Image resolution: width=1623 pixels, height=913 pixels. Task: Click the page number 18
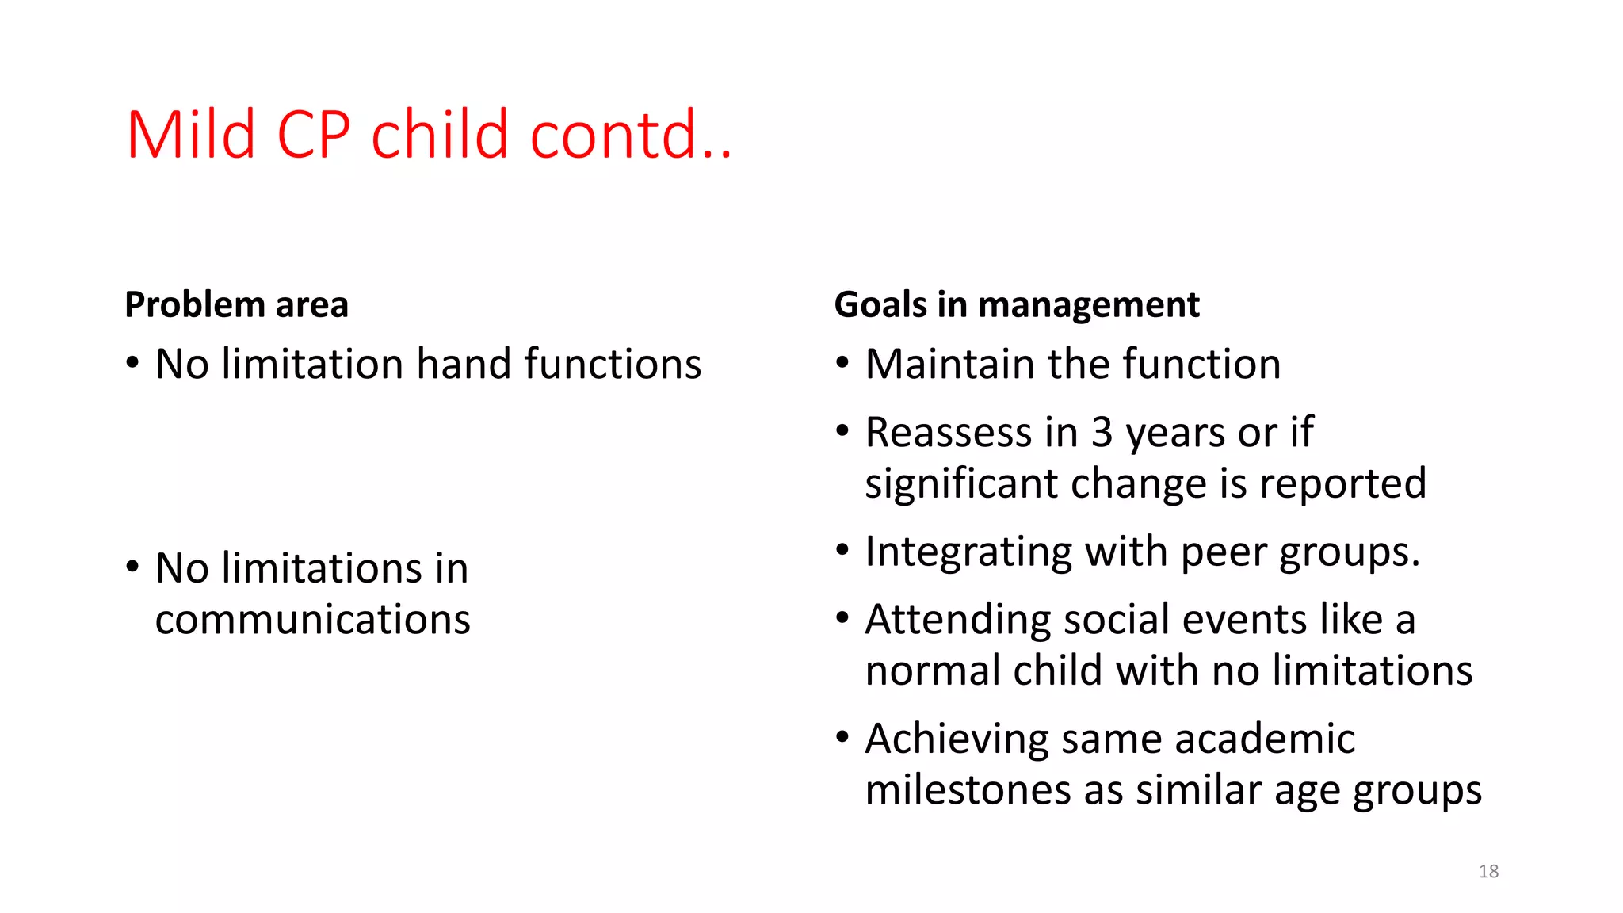point(1488,871)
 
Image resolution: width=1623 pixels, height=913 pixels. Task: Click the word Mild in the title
point(190,135)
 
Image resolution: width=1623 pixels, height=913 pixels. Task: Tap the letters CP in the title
point(313,135)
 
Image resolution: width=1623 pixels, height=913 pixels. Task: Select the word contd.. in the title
point(630,135)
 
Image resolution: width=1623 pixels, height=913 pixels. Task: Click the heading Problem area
point(236,305)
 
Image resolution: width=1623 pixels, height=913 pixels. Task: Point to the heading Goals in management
point(1017,305)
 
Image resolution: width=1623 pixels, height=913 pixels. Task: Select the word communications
point(312,620)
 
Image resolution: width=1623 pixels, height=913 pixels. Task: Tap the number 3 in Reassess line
point(1102,434)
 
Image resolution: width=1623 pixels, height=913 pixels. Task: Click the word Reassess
point(949,434)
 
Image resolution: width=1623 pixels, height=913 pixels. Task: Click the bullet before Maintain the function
point(842,363)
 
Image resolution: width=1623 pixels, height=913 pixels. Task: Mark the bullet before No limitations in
point(132,567)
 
